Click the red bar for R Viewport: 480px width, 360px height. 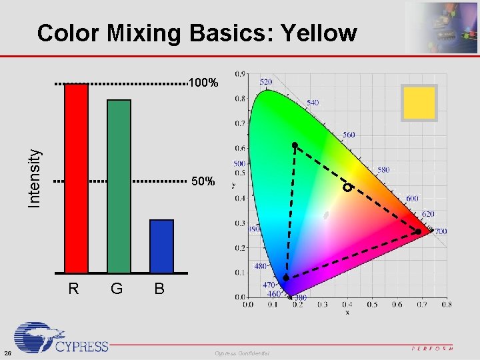(76, 178)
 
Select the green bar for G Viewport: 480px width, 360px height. (119, 186)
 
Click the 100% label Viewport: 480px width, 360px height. (203, 84)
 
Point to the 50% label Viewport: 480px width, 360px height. (203, 181)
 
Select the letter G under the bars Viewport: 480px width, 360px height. (117, 289)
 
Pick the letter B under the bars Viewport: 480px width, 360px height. (159, 289)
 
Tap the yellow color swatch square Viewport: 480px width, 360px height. (419, 103)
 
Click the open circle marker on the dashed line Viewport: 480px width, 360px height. (347, 188)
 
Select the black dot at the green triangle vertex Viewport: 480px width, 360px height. (294, 145)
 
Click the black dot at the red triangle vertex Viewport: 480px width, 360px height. (418, 232)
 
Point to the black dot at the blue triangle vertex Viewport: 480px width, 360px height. (286, 277)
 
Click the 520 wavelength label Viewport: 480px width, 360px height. (265, 81)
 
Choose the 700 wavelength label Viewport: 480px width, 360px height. (441, 231)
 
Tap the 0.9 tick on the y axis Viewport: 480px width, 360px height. (239, 74)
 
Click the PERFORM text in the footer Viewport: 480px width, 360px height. (431, 348)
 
